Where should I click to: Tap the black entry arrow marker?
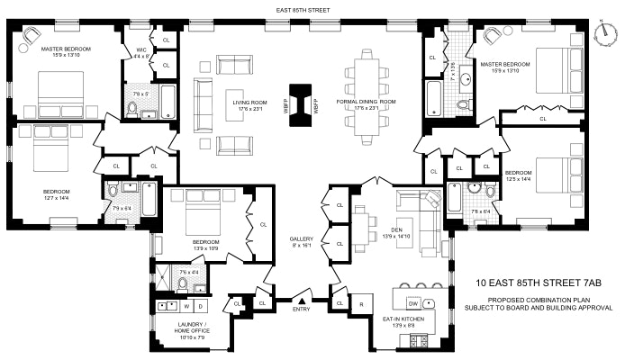coord(303,301)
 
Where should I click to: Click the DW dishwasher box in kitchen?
coord(413,301)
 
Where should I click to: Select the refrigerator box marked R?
coord(361,303)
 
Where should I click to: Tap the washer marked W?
coord(187,306)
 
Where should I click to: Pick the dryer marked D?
coord(201,306)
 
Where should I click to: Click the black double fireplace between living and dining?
coord(300,100)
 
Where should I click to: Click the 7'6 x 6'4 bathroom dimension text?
coord(479,212)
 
